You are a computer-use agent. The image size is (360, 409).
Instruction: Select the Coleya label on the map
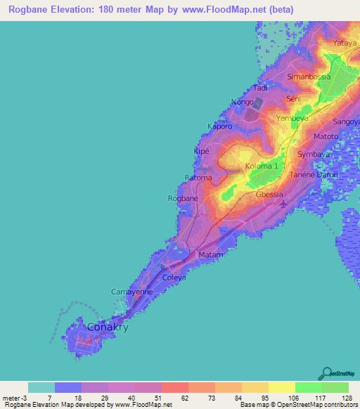click(174, 278)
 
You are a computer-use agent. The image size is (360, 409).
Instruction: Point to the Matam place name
click(211, 254)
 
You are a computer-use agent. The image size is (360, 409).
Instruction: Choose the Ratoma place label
click(198, 178)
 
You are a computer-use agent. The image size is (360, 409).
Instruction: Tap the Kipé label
click(202, 151)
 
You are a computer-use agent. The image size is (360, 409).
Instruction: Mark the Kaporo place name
click(219, 126)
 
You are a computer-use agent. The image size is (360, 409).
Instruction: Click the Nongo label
click(242, 102)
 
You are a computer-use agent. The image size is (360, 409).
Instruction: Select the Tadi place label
click(260, 88)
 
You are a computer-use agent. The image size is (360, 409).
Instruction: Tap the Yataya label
click(345, 43)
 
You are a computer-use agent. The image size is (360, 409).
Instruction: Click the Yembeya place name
click(292, 119)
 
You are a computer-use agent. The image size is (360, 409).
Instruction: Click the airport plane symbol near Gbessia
click(283, 204)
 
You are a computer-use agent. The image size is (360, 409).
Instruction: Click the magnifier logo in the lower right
click(328, 373)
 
